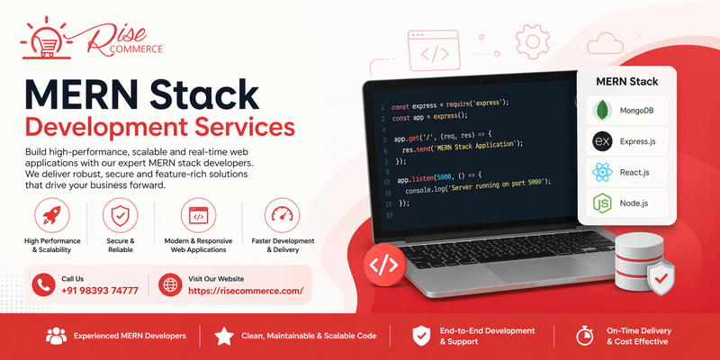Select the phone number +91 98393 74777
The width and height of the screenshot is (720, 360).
click(x=100, y=291)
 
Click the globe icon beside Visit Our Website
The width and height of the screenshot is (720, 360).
click(x=170, y=285)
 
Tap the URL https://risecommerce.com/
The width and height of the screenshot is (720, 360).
click(x=246, y=291)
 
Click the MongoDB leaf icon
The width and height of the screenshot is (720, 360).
click(x=602, y=112)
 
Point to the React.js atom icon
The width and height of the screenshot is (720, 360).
click(x=602, y=171)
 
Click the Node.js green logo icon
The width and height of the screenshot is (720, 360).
click(x=602, y=203)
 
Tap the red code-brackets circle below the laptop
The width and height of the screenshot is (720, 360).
click(x=384, y=265)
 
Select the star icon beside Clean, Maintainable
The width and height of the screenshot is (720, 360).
click(x=224, y=336)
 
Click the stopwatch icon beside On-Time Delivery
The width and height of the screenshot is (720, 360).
click(x=584, y=336)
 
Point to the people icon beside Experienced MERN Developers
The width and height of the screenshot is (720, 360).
click(x=56, y=336)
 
